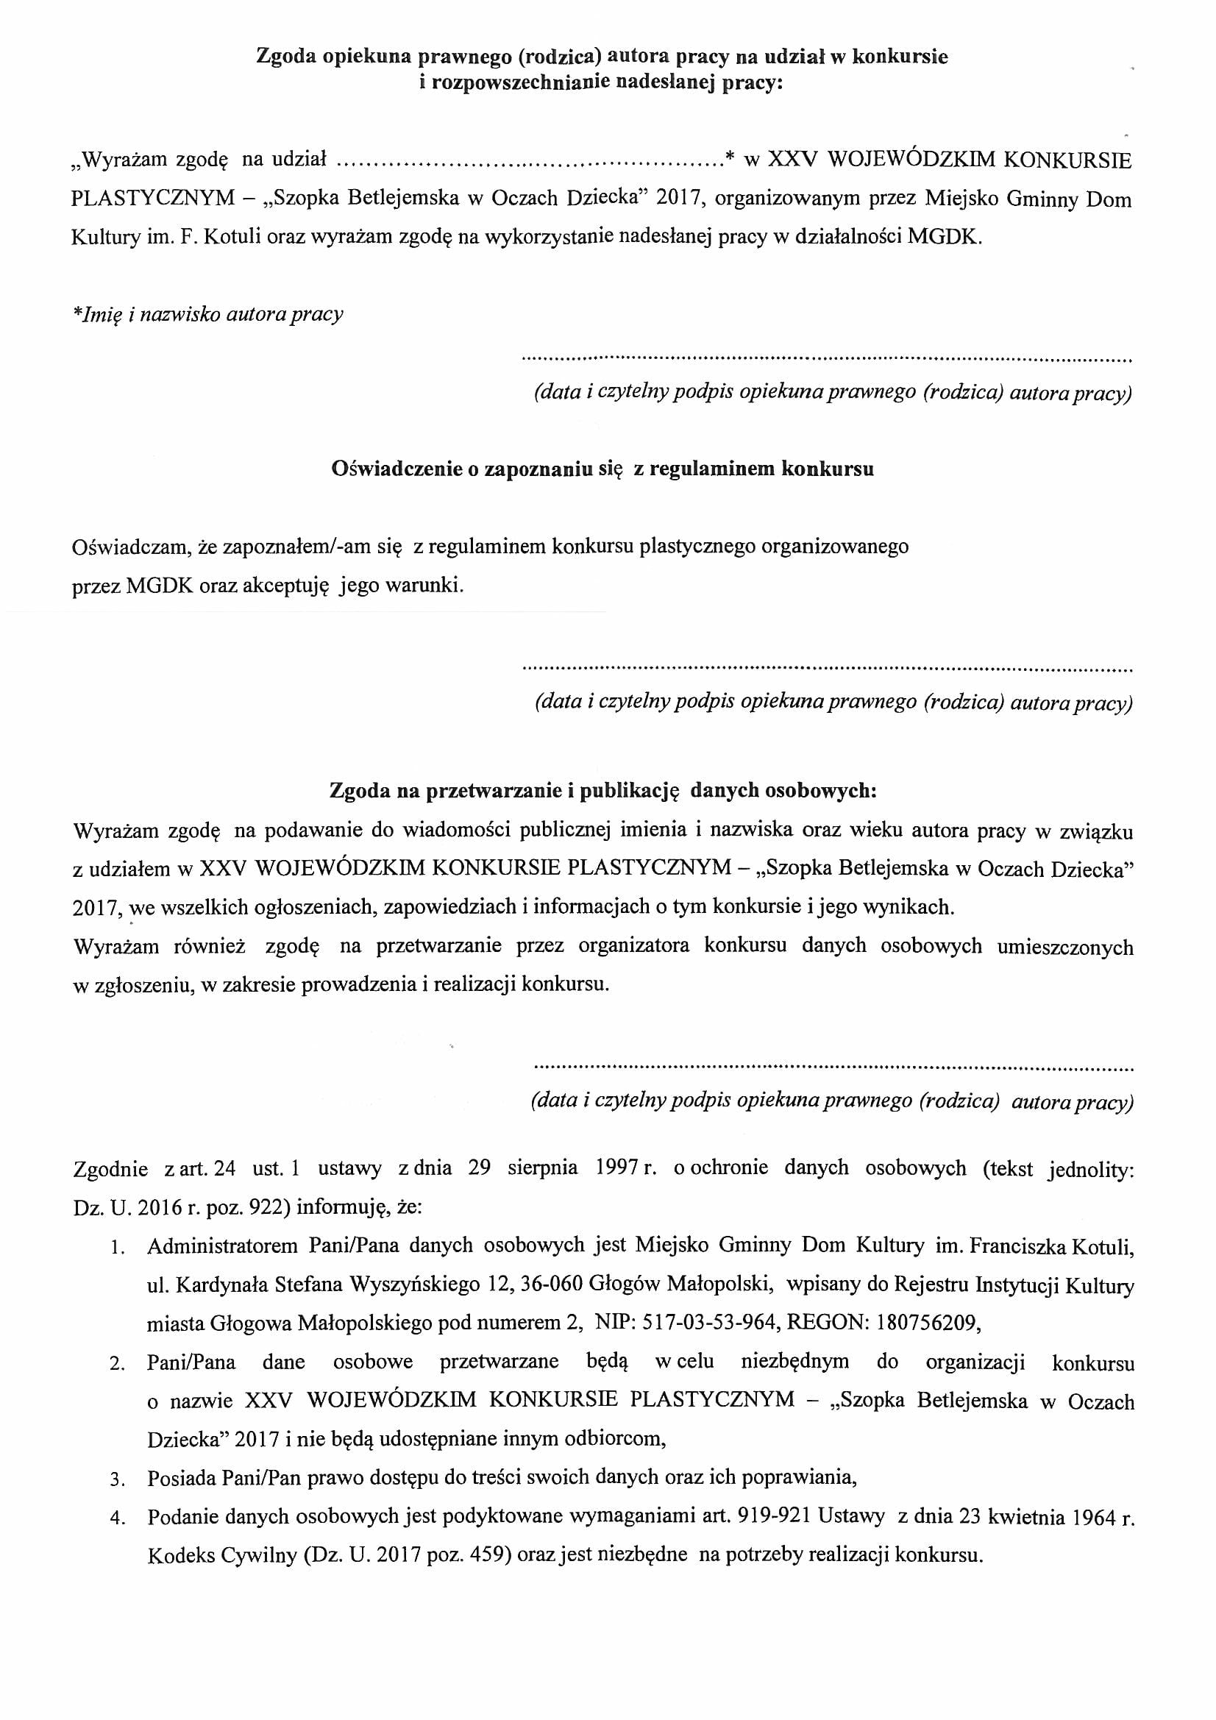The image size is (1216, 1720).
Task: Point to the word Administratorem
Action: tap(221, 1245)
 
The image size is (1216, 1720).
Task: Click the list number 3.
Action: tap(116, 1480)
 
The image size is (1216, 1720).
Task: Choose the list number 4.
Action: tap(116, 1519)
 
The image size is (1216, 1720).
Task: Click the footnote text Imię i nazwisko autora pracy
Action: tap(207, 314)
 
